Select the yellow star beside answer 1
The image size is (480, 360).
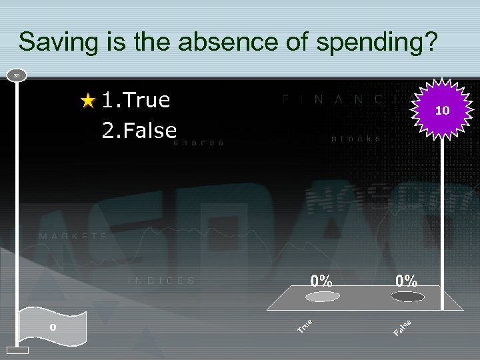point(89,101)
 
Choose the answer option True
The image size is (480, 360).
point(136,100)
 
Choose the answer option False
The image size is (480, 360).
point(139,130)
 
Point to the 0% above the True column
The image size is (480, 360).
point(321,281)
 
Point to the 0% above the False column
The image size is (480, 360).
point(407,281)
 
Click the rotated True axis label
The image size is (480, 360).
point(306,325)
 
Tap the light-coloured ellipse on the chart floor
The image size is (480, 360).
point(322,296)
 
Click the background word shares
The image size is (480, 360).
point(199,143)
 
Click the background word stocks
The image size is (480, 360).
point(357,139)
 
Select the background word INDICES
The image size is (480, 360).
point(162,281)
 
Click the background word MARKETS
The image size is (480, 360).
point(73,237)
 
